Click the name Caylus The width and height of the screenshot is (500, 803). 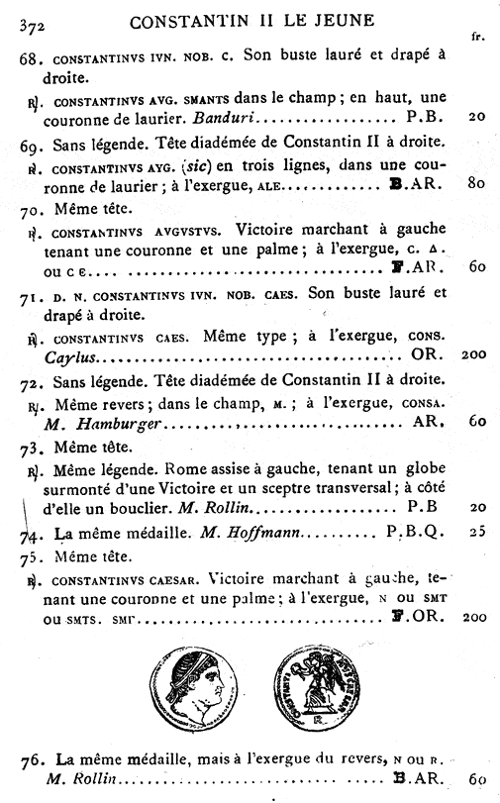[x=68, y=355]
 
